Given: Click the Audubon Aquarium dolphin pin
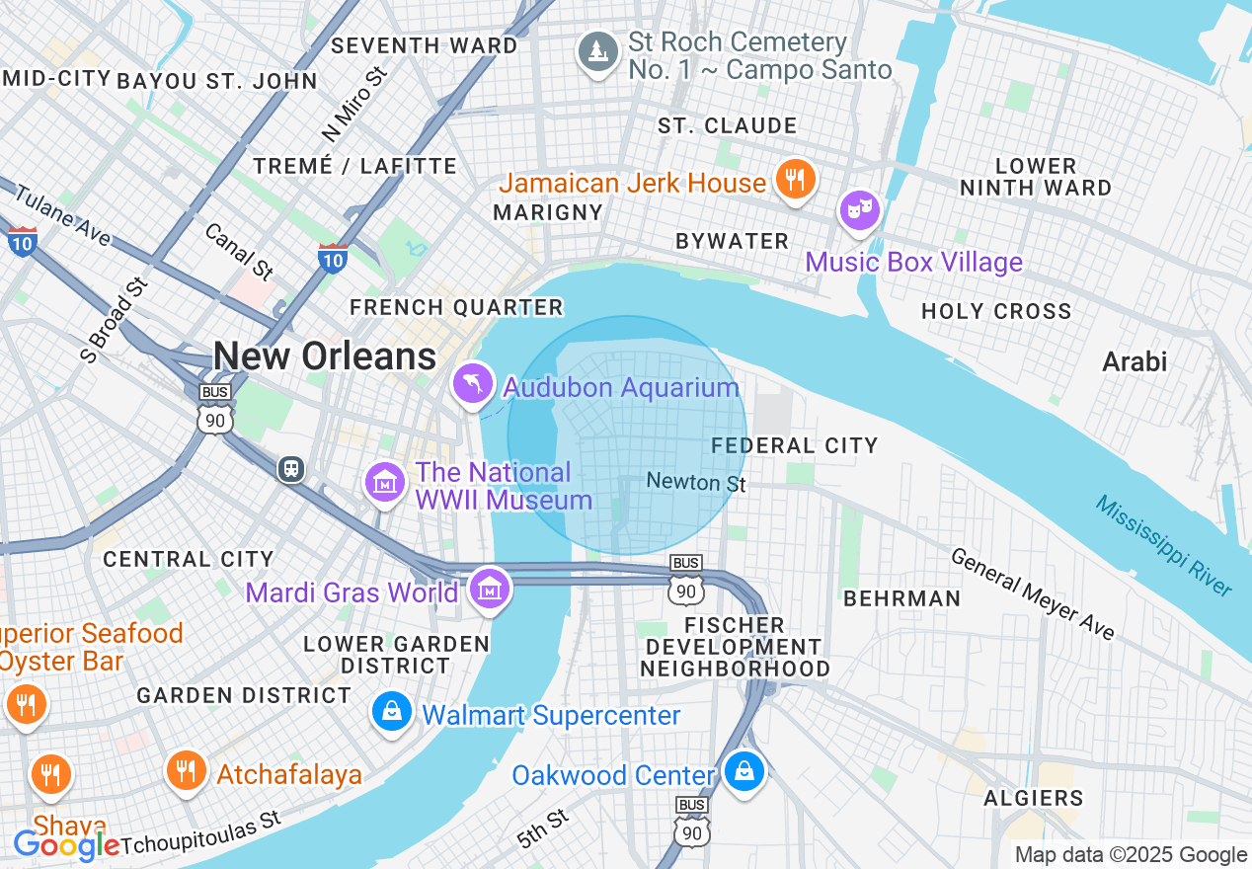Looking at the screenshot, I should coord(473,383).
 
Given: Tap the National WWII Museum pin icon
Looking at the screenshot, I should coord(385,483).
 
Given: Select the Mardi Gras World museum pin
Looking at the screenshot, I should coord(489,590).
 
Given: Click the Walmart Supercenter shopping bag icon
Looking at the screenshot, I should coord(392,711).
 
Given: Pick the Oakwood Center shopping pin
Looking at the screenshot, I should coord(744,770).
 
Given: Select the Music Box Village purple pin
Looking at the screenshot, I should coord(859,209).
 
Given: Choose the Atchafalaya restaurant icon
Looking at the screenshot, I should coord(185,770).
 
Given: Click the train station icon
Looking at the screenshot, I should coord(291,468).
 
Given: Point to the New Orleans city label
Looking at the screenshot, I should coord(325,355).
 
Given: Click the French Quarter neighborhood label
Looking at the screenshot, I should coord(456,308).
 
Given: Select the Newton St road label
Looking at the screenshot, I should coord(696,482).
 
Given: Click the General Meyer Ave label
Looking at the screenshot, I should coord(1033,592).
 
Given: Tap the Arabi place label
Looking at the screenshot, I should coord(1135,361).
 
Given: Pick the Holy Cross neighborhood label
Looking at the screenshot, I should coord(996,312).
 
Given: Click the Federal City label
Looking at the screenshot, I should coord(795,445).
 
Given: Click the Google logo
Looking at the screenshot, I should coord(66,845).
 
